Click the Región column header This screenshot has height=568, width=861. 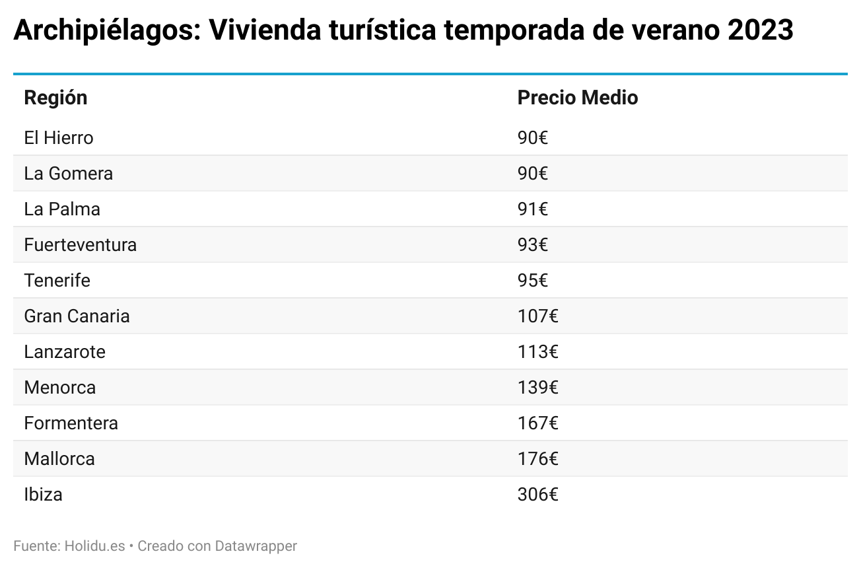55,98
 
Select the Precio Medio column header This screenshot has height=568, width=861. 577,98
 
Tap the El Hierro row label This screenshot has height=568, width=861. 59,138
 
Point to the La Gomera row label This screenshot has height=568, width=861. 68,174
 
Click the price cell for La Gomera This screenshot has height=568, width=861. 532,174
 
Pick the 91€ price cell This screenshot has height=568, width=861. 532,209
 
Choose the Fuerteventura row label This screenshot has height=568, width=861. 80,245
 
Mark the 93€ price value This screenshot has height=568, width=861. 532,245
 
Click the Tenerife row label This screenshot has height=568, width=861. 57,281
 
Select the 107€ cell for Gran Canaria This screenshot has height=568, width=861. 537,316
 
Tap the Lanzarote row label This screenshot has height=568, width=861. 65,352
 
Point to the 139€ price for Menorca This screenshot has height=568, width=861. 537,388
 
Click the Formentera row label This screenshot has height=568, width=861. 71,423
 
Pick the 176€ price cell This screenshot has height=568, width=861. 537,459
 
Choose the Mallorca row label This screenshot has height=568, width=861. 59,459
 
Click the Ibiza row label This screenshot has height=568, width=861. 43,495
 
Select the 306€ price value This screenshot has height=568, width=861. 537,495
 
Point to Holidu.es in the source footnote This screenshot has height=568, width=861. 94,546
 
